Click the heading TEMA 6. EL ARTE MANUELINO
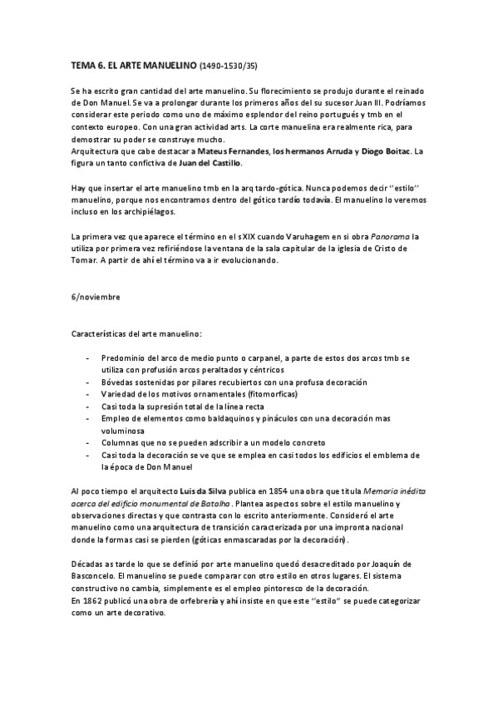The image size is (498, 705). click(x=132, y=63)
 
